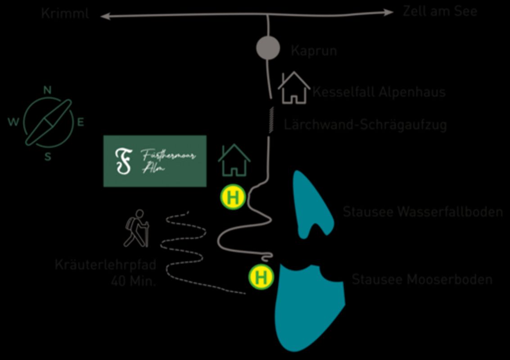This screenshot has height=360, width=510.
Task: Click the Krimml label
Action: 65,13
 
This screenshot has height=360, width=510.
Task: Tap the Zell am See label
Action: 440,11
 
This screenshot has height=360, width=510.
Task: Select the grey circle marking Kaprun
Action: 268,48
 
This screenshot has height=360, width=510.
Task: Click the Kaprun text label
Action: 314,50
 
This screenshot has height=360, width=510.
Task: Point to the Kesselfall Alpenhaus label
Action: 379,92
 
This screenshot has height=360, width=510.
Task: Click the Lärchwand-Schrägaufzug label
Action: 365,125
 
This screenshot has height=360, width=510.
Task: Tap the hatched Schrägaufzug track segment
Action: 271,120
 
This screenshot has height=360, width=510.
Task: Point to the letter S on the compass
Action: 48,157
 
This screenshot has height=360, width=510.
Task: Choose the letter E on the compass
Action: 81,122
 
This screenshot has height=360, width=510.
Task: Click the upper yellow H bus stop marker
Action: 233,198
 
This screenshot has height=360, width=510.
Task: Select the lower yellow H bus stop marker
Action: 261,277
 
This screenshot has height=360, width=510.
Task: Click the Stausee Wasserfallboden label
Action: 423,212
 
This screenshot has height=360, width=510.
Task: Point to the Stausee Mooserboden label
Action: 422,279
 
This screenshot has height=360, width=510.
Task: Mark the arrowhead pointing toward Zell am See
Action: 388,13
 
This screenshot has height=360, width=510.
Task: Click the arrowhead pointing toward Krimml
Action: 105,17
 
